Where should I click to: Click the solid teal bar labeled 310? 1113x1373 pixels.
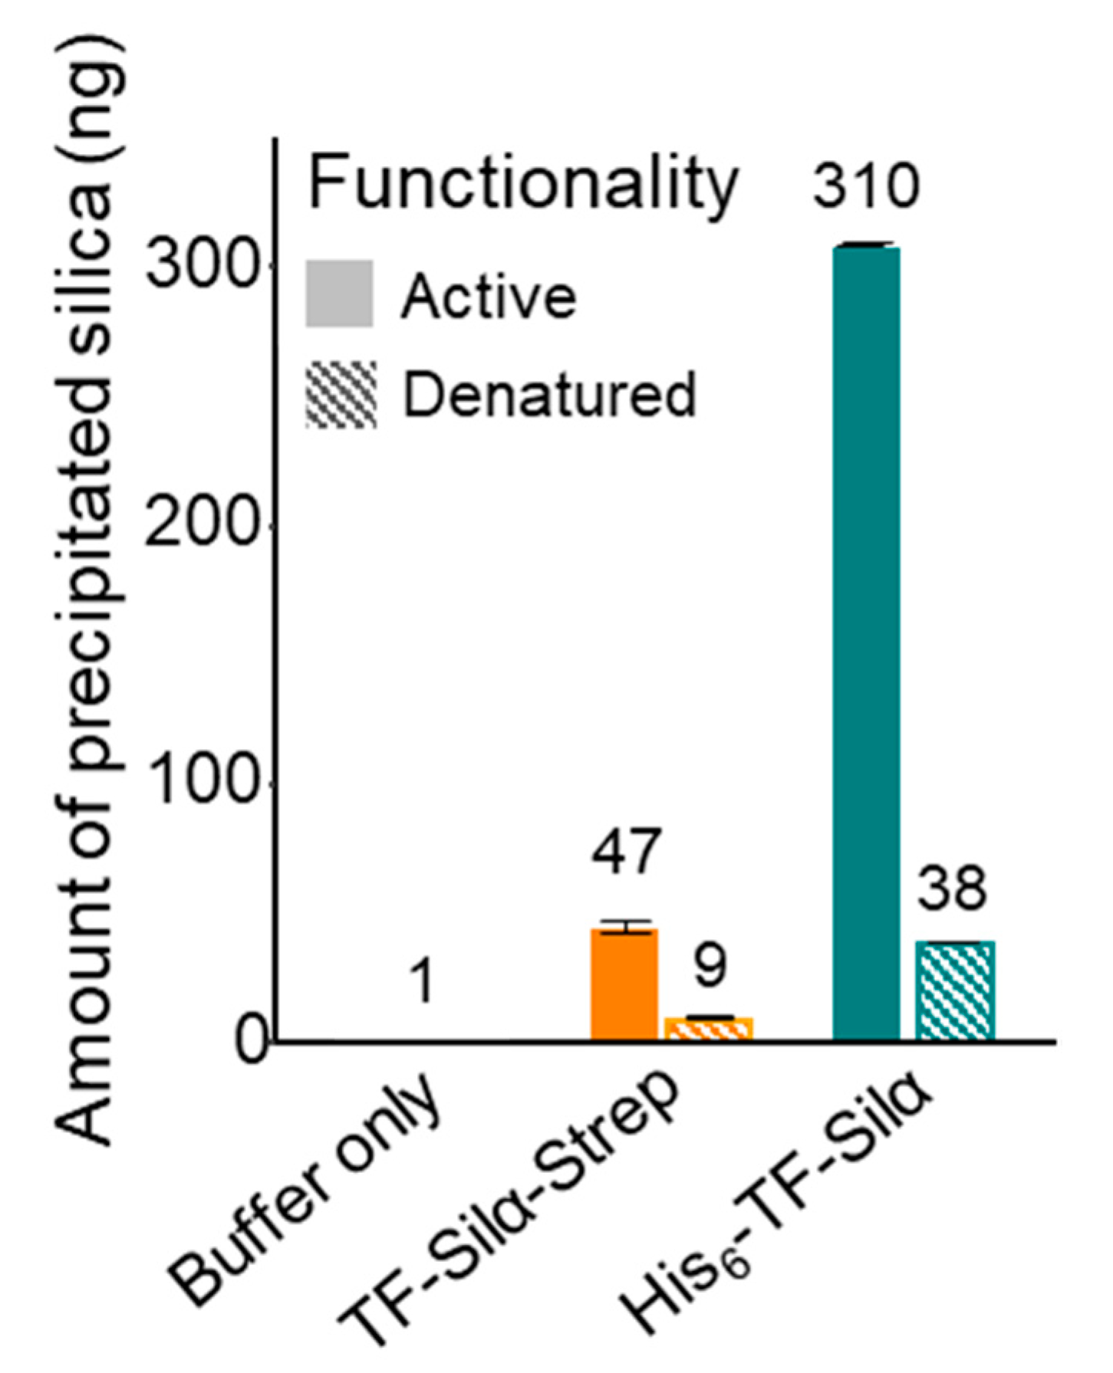pos(866,644)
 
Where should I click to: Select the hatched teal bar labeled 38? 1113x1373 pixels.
pos(955,990)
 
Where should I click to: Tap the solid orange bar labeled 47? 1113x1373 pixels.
pos(624,985)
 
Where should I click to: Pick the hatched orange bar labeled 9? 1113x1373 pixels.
pos(709,1029)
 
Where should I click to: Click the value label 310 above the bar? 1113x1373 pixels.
pos(866,186)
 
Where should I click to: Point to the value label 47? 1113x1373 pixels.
pos(625,851)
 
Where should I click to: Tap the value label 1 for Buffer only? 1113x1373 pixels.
pos(423,982)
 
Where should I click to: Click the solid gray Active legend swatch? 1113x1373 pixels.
pos(339,294)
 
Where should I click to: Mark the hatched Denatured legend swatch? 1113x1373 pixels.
pos(341,395)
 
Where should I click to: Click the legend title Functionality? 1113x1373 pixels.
pos(522,184)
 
